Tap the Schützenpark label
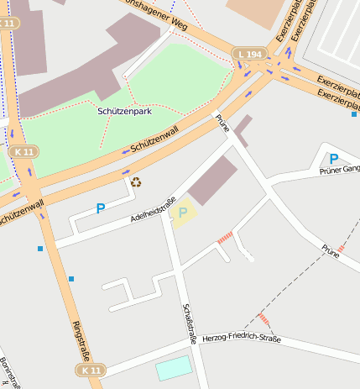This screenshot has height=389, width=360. point(125,111)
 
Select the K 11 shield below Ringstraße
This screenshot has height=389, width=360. point(90,370)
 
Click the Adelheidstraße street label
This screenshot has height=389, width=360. point(153,210)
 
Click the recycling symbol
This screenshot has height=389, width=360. point(136,181)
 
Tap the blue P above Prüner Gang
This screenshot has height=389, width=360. point(333,158)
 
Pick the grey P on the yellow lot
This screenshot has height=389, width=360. point(182,213)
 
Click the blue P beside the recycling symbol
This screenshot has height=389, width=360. point(101,208)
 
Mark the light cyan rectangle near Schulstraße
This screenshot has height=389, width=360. point(174,367)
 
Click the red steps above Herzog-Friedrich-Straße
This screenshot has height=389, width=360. point(263,319)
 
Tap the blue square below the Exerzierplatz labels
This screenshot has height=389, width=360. point(354,114)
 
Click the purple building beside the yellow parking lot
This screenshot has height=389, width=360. point(213,180)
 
